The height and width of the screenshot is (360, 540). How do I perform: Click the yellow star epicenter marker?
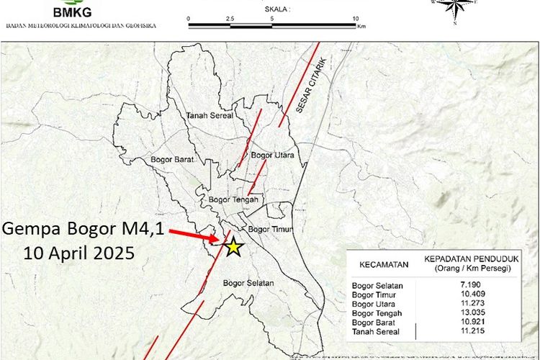[233, 247]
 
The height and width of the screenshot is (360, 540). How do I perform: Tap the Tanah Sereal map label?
[210, 115]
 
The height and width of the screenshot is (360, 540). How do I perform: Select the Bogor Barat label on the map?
[170, 159]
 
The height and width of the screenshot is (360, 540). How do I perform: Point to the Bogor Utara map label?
[270, 156]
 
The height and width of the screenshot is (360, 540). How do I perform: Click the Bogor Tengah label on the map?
[233, 199]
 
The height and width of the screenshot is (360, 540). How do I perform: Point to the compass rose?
[455, 9]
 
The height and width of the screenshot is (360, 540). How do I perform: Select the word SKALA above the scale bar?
[276, 9]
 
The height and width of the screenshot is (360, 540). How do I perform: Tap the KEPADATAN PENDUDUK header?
[472, 260]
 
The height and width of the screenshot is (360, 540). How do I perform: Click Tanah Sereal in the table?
[376, 331]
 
